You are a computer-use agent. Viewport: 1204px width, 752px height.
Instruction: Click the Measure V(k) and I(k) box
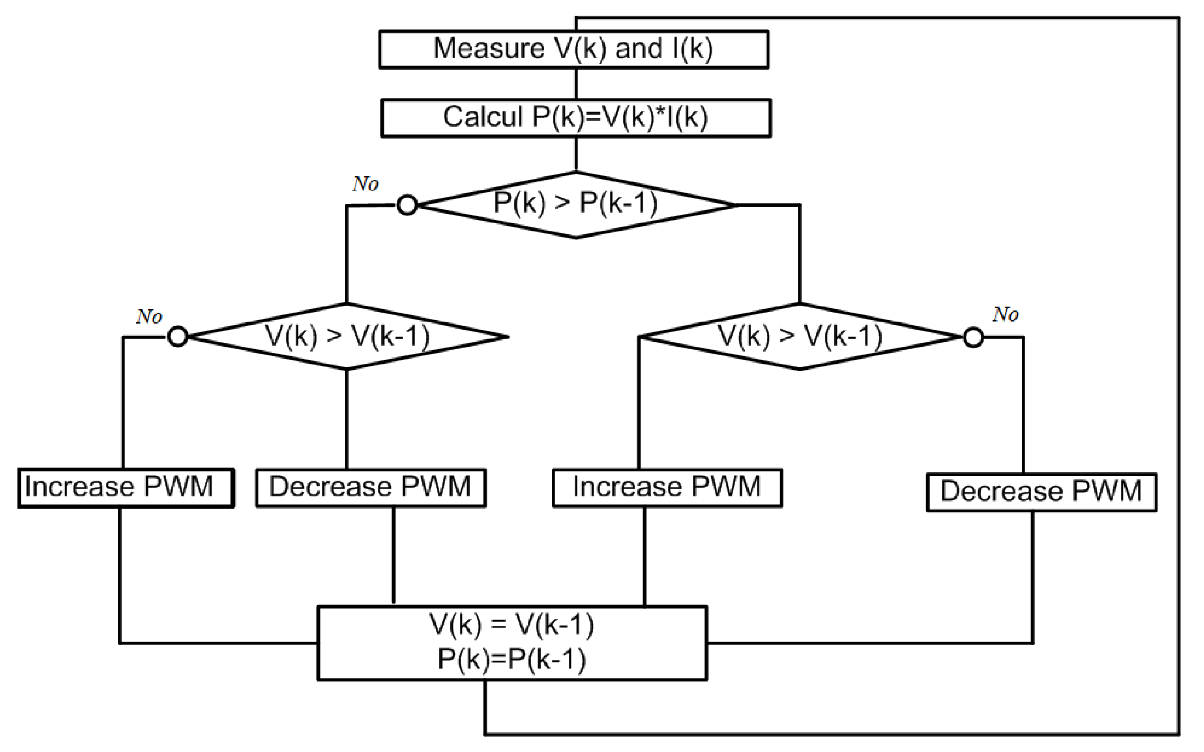click(x=573, y=49)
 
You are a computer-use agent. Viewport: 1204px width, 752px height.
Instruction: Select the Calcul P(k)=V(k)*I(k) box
click(x=576, y=118)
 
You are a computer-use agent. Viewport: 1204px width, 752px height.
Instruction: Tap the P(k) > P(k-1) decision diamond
click(x=576, y=205)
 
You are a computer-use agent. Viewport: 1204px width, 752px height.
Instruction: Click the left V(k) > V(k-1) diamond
click(x=346, y=337)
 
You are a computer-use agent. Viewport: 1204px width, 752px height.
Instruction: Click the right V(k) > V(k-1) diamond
click(x=800, y=337)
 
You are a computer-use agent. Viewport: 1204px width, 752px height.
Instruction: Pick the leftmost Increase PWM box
click(x=126, y=488)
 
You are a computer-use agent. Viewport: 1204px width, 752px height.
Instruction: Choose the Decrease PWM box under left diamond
click(x=371, y=488)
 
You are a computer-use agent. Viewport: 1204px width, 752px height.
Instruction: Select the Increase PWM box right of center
click(x=667, y=488)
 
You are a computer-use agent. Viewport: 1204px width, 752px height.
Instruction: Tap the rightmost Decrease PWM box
click(x=1041, y=492)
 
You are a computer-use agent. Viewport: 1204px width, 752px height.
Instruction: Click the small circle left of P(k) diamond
click(x=407, y=205)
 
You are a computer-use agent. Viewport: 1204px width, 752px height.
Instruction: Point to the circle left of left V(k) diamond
click(x=178, y=336)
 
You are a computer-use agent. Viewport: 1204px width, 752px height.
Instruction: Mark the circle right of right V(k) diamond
click(x=973, y=337)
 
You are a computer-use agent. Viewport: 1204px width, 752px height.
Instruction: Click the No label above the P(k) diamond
click(x=365, y=184)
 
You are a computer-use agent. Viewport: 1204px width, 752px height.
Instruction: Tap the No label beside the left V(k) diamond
click(x=149, y=316)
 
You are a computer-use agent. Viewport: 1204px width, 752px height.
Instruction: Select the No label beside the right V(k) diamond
click(x=1006, y=314)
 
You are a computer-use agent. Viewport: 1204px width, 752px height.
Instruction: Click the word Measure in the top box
click(x=489, y=49)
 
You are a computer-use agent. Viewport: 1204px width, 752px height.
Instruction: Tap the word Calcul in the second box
click(x=483, y=117)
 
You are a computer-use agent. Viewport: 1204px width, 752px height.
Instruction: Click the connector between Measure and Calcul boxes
click(x=576, y=83)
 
